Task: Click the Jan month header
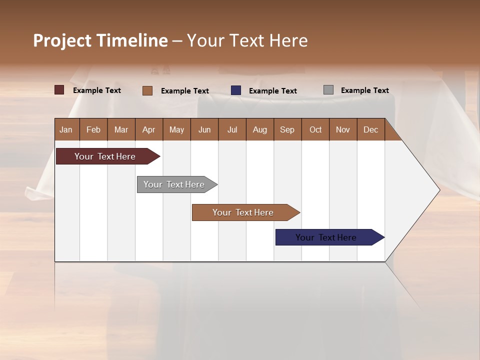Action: click(x=66, y=129)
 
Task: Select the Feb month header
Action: click(x=93, y=129)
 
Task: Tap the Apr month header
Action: click(x=149, y=129)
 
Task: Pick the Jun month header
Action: click(x=204, y=129)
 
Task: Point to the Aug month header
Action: click(x=260, y=129)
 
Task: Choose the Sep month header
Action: click(x=287, y=129)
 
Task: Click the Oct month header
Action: click(x=315, y=129)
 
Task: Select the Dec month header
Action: click(x=371, y=129)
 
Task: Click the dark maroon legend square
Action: click(x=59, y=90)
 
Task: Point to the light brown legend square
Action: click(x=147, y=90)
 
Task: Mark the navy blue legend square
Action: click(x=236, y=90)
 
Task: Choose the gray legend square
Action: click(x=328, y=90)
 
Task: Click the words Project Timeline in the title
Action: click(x=100, y=40)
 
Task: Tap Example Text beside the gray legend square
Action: click(x=364, y=90)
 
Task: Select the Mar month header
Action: click(x=121, y=129)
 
